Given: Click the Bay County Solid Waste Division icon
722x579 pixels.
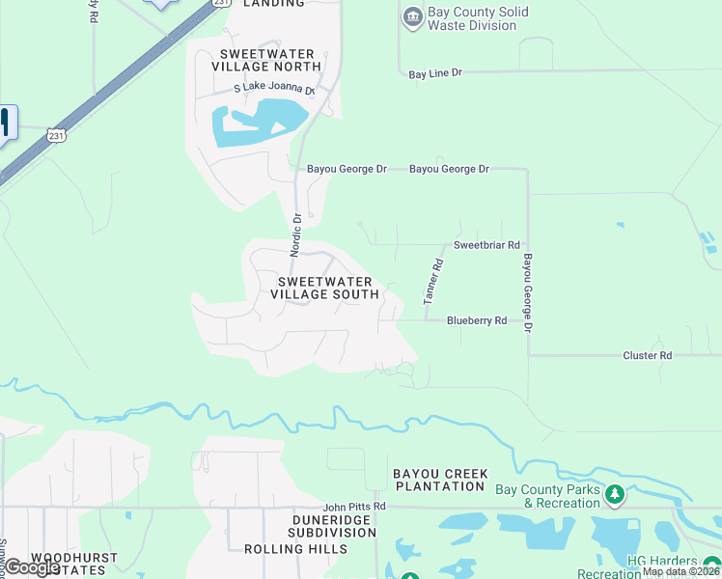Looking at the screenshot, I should pyautogui.click(x=413, y=17).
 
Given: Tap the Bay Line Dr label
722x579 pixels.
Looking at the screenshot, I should pyautogui.click(x=435, y=73).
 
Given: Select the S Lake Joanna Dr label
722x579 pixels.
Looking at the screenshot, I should pyautogui.click(x=275, y=89).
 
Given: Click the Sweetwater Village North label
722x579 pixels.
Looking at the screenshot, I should pyautogui.click(x=270, y=60).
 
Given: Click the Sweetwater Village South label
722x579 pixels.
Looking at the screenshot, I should pyautogui.click(x=327, y=288).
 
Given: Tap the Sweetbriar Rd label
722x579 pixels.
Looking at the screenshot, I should pyautogui.click(x=486, y=245).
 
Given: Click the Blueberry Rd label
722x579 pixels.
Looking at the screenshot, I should pyautogui.click(x=476, y=320).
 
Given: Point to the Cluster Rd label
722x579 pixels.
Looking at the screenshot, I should pyautogui.click(x=647, y=355).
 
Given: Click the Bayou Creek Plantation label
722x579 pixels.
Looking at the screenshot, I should pyautogui.click(x=440, y=480).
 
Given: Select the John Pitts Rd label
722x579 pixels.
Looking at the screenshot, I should pyautogui.click(x=354, y=506).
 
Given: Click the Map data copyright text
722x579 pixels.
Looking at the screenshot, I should pyautogui.click(x=680, y=571).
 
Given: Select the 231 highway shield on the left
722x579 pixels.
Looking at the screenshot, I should pyautogui.click(x=58, y=137).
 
